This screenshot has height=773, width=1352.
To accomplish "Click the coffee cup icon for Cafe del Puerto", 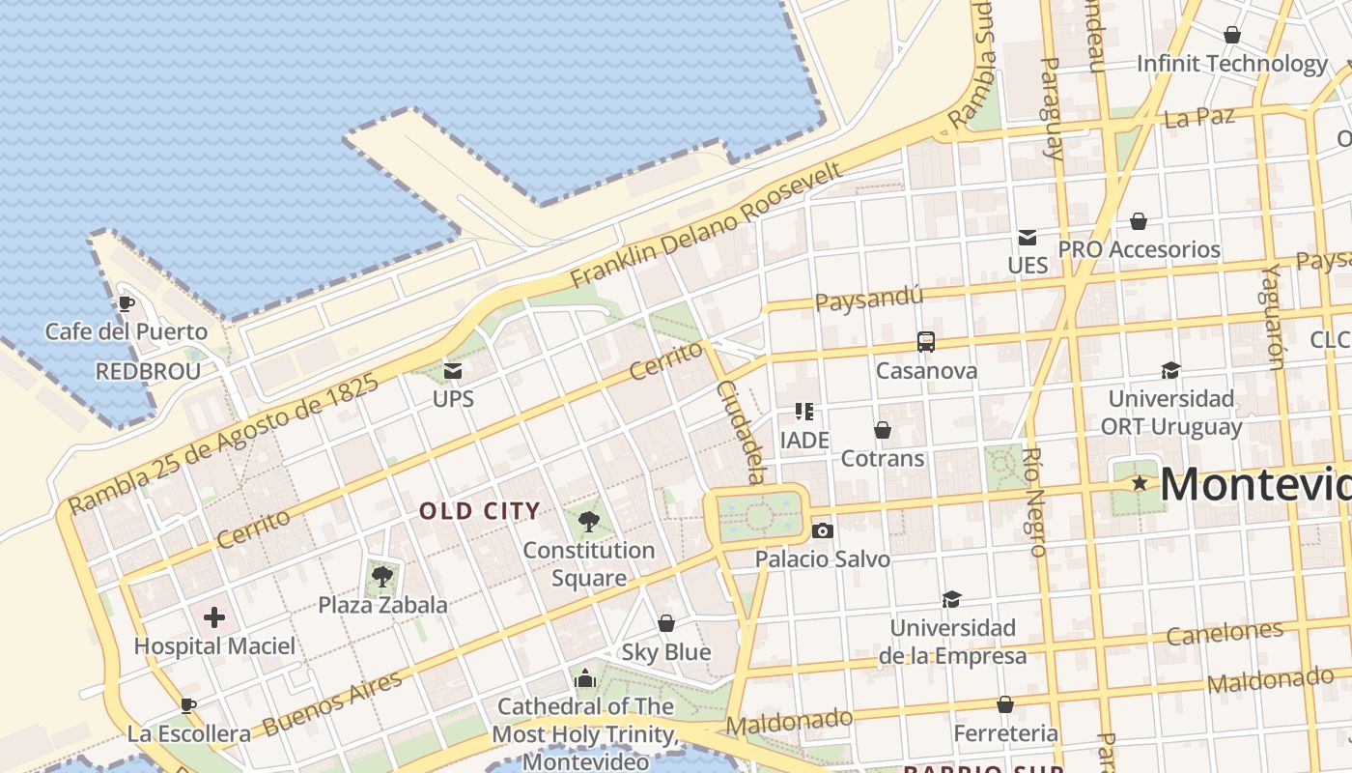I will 126,303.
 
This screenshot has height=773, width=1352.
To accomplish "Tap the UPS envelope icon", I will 452,370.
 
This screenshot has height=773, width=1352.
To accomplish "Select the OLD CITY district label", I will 480,511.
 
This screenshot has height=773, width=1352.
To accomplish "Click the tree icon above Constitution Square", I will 588,522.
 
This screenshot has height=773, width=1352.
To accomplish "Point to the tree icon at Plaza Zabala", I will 382,577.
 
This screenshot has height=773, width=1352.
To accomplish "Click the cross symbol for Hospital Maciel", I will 214,616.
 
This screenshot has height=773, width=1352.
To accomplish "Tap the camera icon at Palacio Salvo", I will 823,530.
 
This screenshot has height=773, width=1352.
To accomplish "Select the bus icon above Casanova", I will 925,341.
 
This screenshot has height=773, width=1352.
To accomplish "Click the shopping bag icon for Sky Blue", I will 665,623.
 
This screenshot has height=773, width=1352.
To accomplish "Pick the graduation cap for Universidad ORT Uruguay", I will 1170,369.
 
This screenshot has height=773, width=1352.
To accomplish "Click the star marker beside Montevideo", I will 1140,482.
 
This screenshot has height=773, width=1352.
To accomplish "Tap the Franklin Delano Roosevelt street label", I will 707,224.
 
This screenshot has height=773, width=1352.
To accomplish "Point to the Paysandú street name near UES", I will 869,299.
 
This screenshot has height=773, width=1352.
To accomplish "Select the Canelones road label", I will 1225,633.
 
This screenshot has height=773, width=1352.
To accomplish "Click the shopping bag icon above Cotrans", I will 882,429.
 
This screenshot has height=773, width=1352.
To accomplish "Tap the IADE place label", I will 804,441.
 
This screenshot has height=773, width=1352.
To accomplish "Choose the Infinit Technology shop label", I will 1231,64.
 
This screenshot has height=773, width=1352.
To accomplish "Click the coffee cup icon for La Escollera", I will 188,705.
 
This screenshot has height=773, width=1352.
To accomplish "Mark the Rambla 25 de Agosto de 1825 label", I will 223,444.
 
